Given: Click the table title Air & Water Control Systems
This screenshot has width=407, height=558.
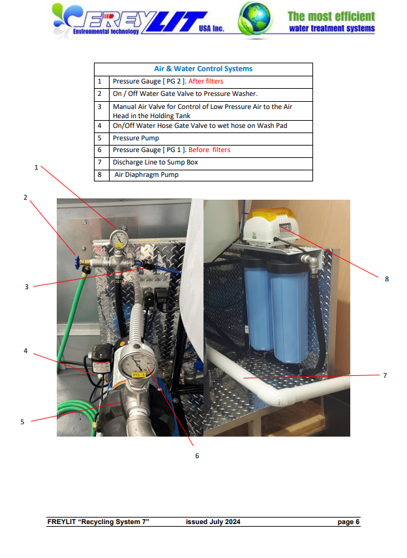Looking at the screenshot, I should (203, 69).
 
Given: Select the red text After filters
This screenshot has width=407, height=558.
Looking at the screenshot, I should (205, 81).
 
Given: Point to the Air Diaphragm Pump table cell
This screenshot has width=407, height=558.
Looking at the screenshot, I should (146, 175).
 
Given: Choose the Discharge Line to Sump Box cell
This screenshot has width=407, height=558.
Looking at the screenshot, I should (155, 162).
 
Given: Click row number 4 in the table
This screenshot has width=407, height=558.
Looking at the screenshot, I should (100, 125).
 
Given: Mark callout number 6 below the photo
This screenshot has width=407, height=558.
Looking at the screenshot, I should (197, 456).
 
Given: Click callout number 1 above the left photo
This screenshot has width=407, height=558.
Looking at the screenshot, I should (36, 167).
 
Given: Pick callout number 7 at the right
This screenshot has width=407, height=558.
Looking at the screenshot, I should (385, 375).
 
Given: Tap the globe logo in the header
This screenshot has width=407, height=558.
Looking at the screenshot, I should (255, 18).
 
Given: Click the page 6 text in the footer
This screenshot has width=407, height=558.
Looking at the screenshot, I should (348, 521).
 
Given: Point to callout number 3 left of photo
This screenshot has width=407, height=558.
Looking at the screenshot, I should (26, 286).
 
